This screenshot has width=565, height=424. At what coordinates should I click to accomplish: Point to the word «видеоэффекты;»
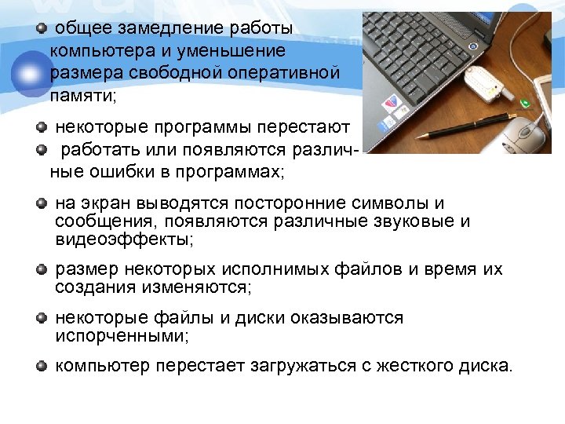point(124,239)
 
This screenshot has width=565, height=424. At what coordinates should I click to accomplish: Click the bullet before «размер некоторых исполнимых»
point(42,271)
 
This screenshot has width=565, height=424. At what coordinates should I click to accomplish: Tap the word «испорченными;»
point(123,337)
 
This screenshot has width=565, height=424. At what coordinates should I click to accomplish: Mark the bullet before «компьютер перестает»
point(42,367)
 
